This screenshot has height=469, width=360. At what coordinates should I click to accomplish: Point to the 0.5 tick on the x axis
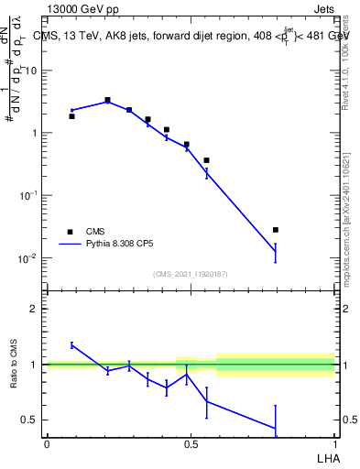point(191,442)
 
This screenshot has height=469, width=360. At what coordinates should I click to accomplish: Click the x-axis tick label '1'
point(334,442)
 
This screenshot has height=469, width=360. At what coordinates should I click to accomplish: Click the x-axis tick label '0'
point(47,442)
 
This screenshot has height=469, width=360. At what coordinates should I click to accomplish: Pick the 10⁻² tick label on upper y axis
point(28,258)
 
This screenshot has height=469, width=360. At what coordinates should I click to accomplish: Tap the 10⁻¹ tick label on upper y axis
point(28,196)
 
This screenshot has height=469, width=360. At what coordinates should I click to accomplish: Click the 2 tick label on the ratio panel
point(33,309)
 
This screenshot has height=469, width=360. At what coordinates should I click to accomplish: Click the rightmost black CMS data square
point(276,230)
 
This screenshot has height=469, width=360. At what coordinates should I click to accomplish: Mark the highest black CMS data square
point(108,100)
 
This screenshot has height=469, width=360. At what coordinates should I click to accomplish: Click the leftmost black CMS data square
point(72,116)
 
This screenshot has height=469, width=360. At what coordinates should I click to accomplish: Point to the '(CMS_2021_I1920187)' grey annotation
point(190,274)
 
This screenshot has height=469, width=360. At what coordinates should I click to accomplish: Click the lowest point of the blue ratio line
point(276,429)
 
